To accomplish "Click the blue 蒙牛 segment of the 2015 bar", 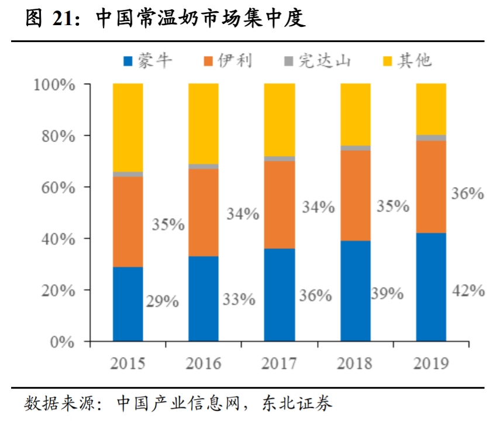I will point(128,304).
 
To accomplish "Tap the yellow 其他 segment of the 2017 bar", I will point(279,120).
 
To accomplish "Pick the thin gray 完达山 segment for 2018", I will point(356,148).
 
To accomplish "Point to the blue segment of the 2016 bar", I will point(203,299).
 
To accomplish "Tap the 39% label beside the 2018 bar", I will point(387,293).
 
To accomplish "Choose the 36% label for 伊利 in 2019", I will point(467,193).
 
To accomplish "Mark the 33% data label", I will point(239,299).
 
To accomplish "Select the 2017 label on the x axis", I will point(279,363).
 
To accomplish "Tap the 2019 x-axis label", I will point(431,363).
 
